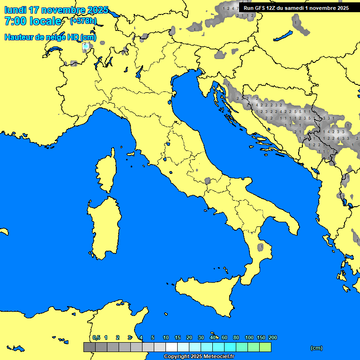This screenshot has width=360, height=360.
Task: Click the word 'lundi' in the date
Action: tap(15, 10)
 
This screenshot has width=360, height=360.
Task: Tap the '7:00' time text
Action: tap(15, 22)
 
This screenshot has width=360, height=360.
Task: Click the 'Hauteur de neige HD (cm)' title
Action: tap(50, 37)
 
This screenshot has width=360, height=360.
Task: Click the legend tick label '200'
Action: tap(273, 337)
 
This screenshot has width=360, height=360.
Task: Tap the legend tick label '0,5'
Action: tap(96, 337)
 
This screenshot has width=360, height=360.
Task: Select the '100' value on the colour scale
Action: tap(249, 337)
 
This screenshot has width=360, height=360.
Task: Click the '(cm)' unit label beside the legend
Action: tap(316, 348)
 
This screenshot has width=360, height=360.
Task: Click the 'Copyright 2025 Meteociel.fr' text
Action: tap(199, 357)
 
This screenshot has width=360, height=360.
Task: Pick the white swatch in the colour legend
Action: tap(172, 347)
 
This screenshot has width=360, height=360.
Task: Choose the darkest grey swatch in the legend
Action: tap(89, 347)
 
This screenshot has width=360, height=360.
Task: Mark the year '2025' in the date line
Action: tap(98, 10)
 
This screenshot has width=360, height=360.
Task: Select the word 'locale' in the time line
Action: tap(45, 22)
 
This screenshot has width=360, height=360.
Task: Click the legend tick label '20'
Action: tap(189, 337)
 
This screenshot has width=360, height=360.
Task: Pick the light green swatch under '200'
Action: tap(265, 347)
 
